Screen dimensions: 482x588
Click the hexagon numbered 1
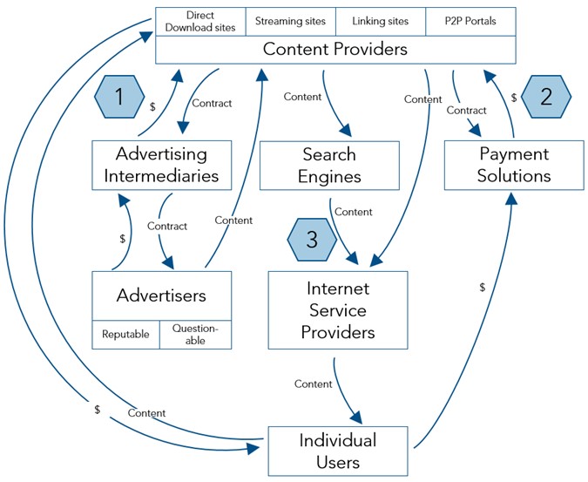click(x=118, y=97)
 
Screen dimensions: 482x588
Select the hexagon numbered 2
click(x=546, y=96)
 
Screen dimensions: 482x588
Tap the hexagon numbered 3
click(x=312, y=241)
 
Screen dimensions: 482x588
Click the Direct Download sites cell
click(x=200, y=21)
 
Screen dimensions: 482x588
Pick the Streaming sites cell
click(x=290, y=21)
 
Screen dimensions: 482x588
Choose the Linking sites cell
click(x=382, y=21)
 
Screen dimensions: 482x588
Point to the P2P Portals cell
click(x=470, y=21)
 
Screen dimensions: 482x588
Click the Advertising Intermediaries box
click(x=162, y=165)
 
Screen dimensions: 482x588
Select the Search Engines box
click(x=329, y=165)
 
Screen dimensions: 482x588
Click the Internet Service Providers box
click(x=338, y=309)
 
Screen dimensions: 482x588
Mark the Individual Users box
click(x=338, y=450)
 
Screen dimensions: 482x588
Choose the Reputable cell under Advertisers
click(x=125, y=335)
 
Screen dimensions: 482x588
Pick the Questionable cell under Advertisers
click(x=196, y=335)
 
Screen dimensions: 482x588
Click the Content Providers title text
click(x=335, y=50)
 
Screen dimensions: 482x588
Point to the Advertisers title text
click(x=162, y=295)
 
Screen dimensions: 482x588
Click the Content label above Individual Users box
click(x=313, y=384)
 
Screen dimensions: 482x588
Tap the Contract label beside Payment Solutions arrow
click(x=466, y=111)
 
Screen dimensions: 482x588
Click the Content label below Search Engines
click(x=353, y=212)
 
